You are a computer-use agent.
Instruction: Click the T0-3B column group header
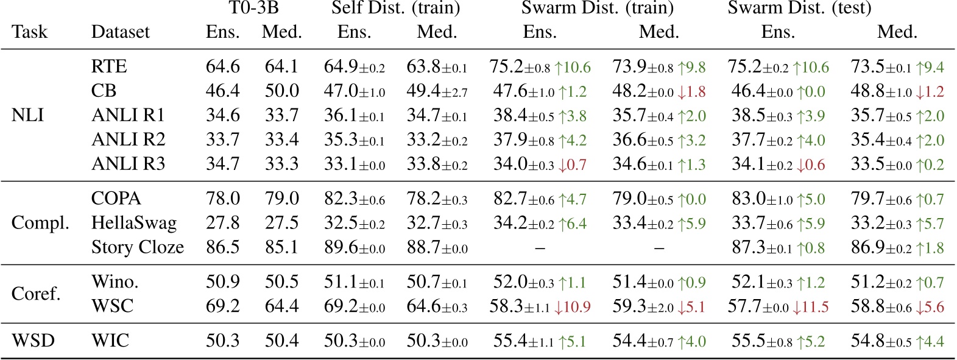(253, 9)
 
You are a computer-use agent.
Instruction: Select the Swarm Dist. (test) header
(799, 9)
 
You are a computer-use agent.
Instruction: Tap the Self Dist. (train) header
(395, 9)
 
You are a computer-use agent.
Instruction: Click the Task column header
(29, 32)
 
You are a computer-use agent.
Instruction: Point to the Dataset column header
(120, 32)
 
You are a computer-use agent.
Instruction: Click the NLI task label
(27, 115)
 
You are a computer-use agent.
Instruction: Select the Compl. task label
(40, 223)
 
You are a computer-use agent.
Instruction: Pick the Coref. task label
(37, 294)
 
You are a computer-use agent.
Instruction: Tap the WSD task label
(34, 341)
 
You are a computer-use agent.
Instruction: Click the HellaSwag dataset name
(134, 223)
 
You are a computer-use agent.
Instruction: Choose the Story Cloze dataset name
(138, 247)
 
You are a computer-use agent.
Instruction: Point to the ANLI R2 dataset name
(128, 139)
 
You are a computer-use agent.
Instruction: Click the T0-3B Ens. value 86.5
(223, 247)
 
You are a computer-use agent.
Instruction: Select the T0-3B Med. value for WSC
(281, 306)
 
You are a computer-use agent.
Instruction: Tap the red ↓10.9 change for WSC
(572, 306)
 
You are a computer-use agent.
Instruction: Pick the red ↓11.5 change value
(810, 306)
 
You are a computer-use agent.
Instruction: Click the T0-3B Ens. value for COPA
(223, 199)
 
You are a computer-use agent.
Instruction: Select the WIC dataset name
(110, 341)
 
